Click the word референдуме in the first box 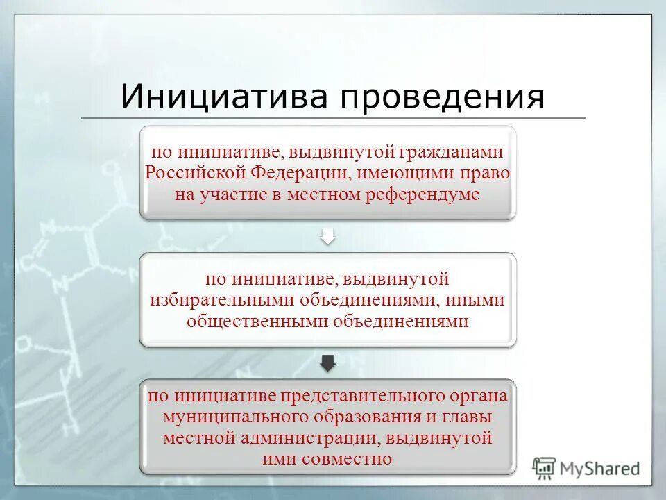pyautogui.click(x=427, y=194)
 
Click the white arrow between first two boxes pyautogui.click(x=327, y=236)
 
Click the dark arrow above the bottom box pyautogui.click(x=327, y=362)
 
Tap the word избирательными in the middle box pyautogui.click(x=223, y=300)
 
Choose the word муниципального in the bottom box pyautogui.click(x=230, y=417)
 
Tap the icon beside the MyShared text pyautogui.click(x=545, y=468)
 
